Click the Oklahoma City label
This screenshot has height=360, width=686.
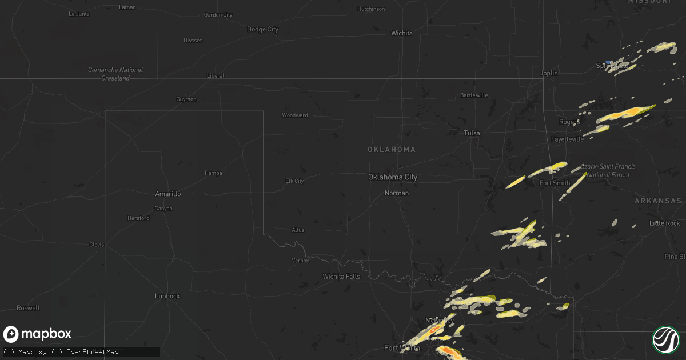click(x=392, y=177)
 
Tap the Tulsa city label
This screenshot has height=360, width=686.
click(x=472, y=133)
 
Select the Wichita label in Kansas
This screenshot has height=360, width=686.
click(x=402, y=33)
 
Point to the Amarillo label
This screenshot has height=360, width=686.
click(x=168, y=194)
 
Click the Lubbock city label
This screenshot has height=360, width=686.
click(x=167, y=296)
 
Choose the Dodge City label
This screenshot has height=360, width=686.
click(x=262, y=29)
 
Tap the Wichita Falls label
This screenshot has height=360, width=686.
click(x=342, y=277)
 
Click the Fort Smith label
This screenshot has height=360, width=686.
click(x=555, y=183)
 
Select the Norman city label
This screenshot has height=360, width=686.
click(x=397, y=193)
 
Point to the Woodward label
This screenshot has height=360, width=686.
click(x=295, y=115)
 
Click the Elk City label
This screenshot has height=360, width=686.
click(x=294, y=181)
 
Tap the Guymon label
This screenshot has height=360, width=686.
click(x=186, y=99)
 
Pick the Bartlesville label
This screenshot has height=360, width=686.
click(x=474, y=95)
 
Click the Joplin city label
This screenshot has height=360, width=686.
click(x=549, y=73)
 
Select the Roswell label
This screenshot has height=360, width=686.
click(x=28, y=308)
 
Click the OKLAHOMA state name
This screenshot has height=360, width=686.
click(x=392, y=150)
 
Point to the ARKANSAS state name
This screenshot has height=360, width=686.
click(x=657, y=201)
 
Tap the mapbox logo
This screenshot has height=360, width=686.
click(x=38, y=334)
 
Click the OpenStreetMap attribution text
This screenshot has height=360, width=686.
click(x=93, y=352)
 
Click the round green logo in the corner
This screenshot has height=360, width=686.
click(x=665, y=339)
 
